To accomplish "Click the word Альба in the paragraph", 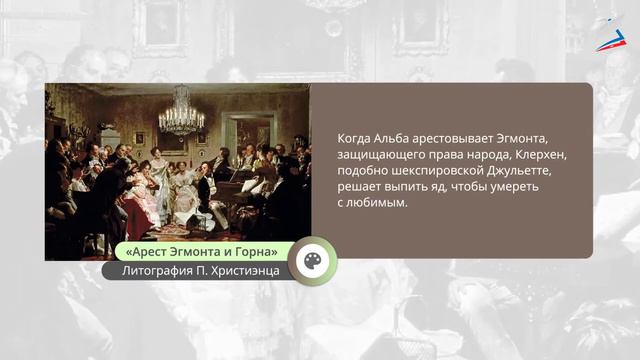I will (x=393, y=137).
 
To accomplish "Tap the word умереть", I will (x=540, y=186).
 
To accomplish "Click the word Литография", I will (x=159, y=270).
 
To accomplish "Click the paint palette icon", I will (x=312, y=260).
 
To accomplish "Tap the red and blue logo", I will (x=609, y=35).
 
